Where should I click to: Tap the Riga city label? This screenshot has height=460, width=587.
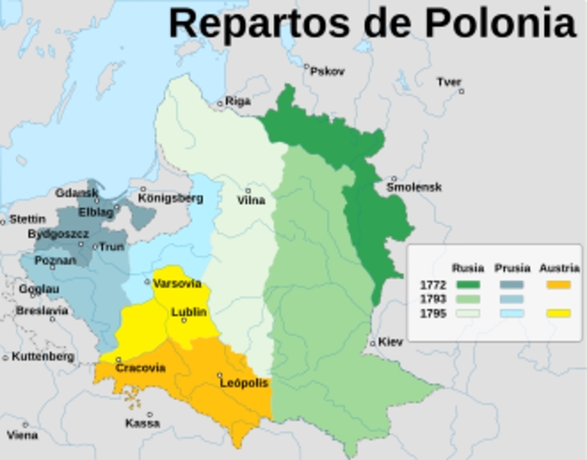(x=238, y=100)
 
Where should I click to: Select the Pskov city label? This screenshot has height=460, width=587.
(x=327, y=71)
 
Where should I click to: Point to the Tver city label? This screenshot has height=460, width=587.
(x=449, y=81)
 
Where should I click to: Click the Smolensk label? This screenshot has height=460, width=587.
(x=413, y=188)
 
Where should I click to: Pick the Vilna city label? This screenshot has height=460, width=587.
(x=251, y=200)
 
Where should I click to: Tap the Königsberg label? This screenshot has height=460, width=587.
(x=171, y=198)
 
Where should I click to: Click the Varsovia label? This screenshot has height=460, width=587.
(x=177, y=284)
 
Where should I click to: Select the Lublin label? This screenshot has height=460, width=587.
(x=189, y=312)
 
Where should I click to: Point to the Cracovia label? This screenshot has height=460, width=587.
(x=140, y=368)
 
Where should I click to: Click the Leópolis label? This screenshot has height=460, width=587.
(x=244, y=383)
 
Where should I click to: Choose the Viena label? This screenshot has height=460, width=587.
(x=23, y=435)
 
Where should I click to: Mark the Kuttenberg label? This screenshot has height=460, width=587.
(x=43, y=356)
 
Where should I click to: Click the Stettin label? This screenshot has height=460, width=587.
(x=27, y=219)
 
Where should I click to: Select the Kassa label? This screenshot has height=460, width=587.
(x=142, y=423)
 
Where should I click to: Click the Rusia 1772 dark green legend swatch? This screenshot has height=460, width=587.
(x=467, y=284)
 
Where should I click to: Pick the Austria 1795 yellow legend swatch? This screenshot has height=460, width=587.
(x=558, y=313)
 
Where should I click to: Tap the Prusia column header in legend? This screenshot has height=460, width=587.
(x=513, y=267)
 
